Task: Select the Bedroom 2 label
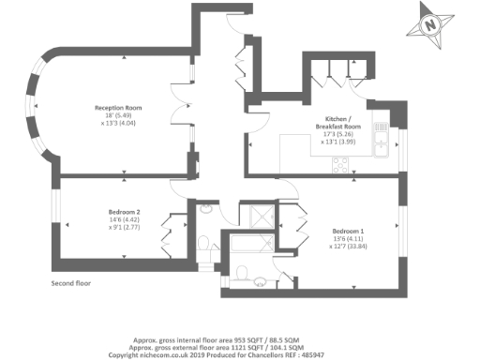[x=125, y=212]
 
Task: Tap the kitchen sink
[x=382, y=143]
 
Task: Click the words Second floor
[x=72, y=282]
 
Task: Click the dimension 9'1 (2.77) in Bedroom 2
[x=125, y=227]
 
